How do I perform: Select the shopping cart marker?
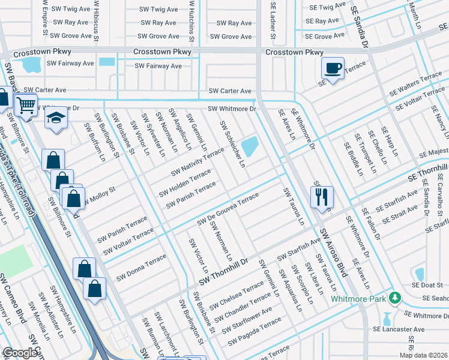(26, 106)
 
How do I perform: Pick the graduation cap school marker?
(56, 118)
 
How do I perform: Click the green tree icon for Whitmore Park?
(394, 298)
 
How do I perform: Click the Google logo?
(20, 353)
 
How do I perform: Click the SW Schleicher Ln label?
(233, 144)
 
